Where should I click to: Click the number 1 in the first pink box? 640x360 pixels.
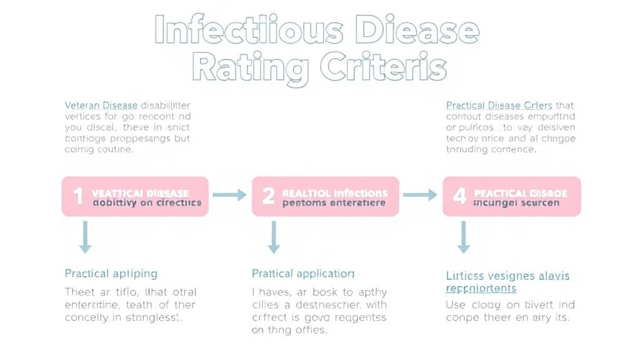point(78,196)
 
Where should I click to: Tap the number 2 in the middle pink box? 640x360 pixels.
point(268,196)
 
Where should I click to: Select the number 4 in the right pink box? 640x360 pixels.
point(459,196)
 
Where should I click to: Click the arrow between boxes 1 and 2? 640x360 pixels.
point(229,195)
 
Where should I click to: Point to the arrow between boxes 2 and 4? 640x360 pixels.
point(420,195)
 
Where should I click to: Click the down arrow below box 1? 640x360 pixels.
point(85,238)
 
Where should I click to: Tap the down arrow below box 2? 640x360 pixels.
point(273,238)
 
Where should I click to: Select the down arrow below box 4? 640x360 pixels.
point(463,238)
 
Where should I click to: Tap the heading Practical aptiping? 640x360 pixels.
point(111,274)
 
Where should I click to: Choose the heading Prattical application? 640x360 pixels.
point(303,274)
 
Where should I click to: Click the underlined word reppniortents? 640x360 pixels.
point(481,289)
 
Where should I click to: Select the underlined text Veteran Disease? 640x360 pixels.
point(101,105)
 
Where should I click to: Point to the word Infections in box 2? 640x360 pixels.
point(352,193)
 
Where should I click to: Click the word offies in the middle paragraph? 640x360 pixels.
point(310,330)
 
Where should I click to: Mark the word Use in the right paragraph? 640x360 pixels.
point(456,305)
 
